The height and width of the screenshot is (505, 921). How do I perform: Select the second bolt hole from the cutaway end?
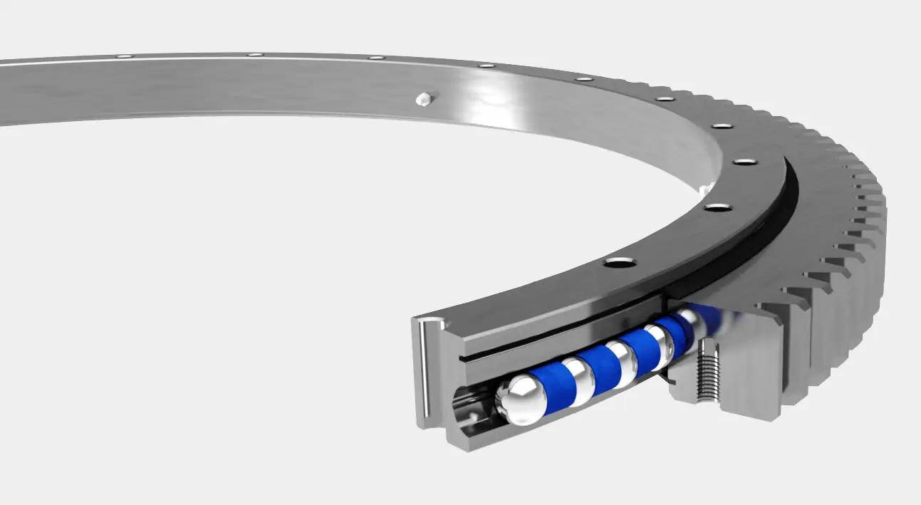tap(717, 207)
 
